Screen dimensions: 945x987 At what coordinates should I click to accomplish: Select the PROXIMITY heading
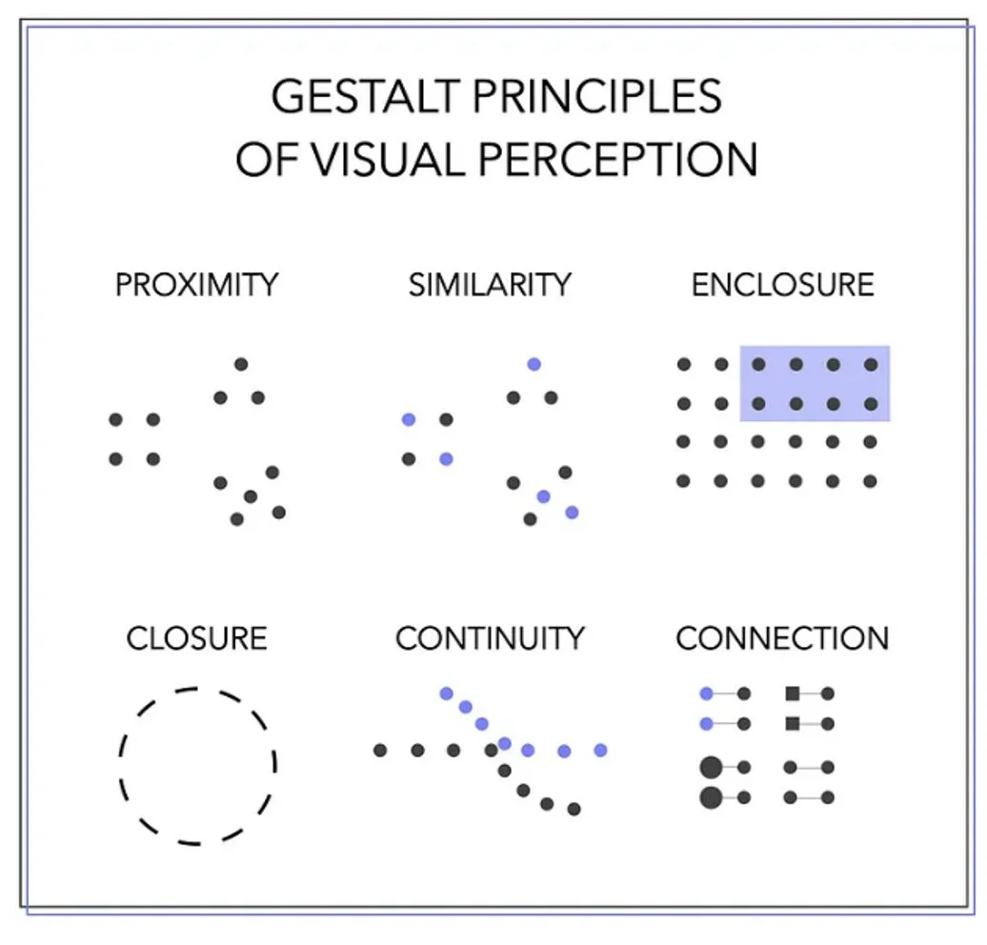tap(197, 284)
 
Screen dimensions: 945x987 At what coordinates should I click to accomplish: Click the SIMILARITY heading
tap(490, 284)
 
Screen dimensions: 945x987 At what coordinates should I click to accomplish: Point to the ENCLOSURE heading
tap(782, 284)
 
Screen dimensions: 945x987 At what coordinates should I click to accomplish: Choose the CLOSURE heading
tap(197, 637)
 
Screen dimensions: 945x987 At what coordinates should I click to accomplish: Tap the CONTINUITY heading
tap(490, 637)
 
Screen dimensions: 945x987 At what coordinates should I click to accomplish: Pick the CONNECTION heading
tap(782, 637)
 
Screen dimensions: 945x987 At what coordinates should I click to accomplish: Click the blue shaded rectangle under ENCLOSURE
tap(815, 383)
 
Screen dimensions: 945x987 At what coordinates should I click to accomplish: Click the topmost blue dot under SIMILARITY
tap(534, 364)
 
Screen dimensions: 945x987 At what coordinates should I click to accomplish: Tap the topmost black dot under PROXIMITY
tap(241, 364)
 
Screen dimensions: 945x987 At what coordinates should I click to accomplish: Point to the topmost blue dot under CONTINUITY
tap(446, 693)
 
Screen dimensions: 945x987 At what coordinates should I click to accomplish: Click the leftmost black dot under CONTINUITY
tap(380, 751)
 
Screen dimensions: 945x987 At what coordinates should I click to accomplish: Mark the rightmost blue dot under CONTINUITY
tap(600, 751)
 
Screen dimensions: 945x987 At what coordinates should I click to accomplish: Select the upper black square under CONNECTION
tap(792, 694)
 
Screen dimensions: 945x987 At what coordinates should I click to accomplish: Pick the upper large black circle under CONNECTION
tap(711, 767)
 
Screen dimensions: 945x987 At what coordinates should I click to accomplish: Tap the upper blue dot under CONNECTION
tap(706, 694)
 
